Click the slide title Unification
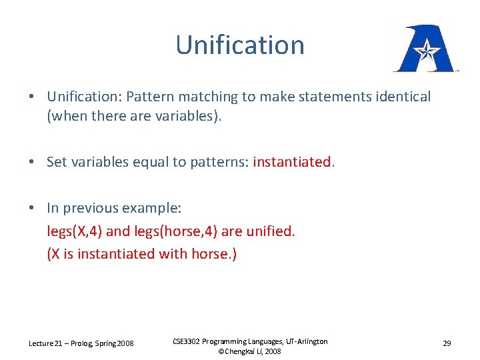coord(240,45)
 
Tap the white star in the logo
coord(425,50)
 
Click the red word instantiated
coord(291,162)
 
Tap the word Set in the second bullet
coord(57,162)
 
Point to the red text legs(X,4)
coord(75,231)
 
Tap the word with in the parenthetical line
coord(173,254)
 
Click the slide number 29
coord(447,343)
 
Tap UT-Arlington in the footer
coord(306,341)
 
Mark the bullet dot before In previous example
coord(32,208)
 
